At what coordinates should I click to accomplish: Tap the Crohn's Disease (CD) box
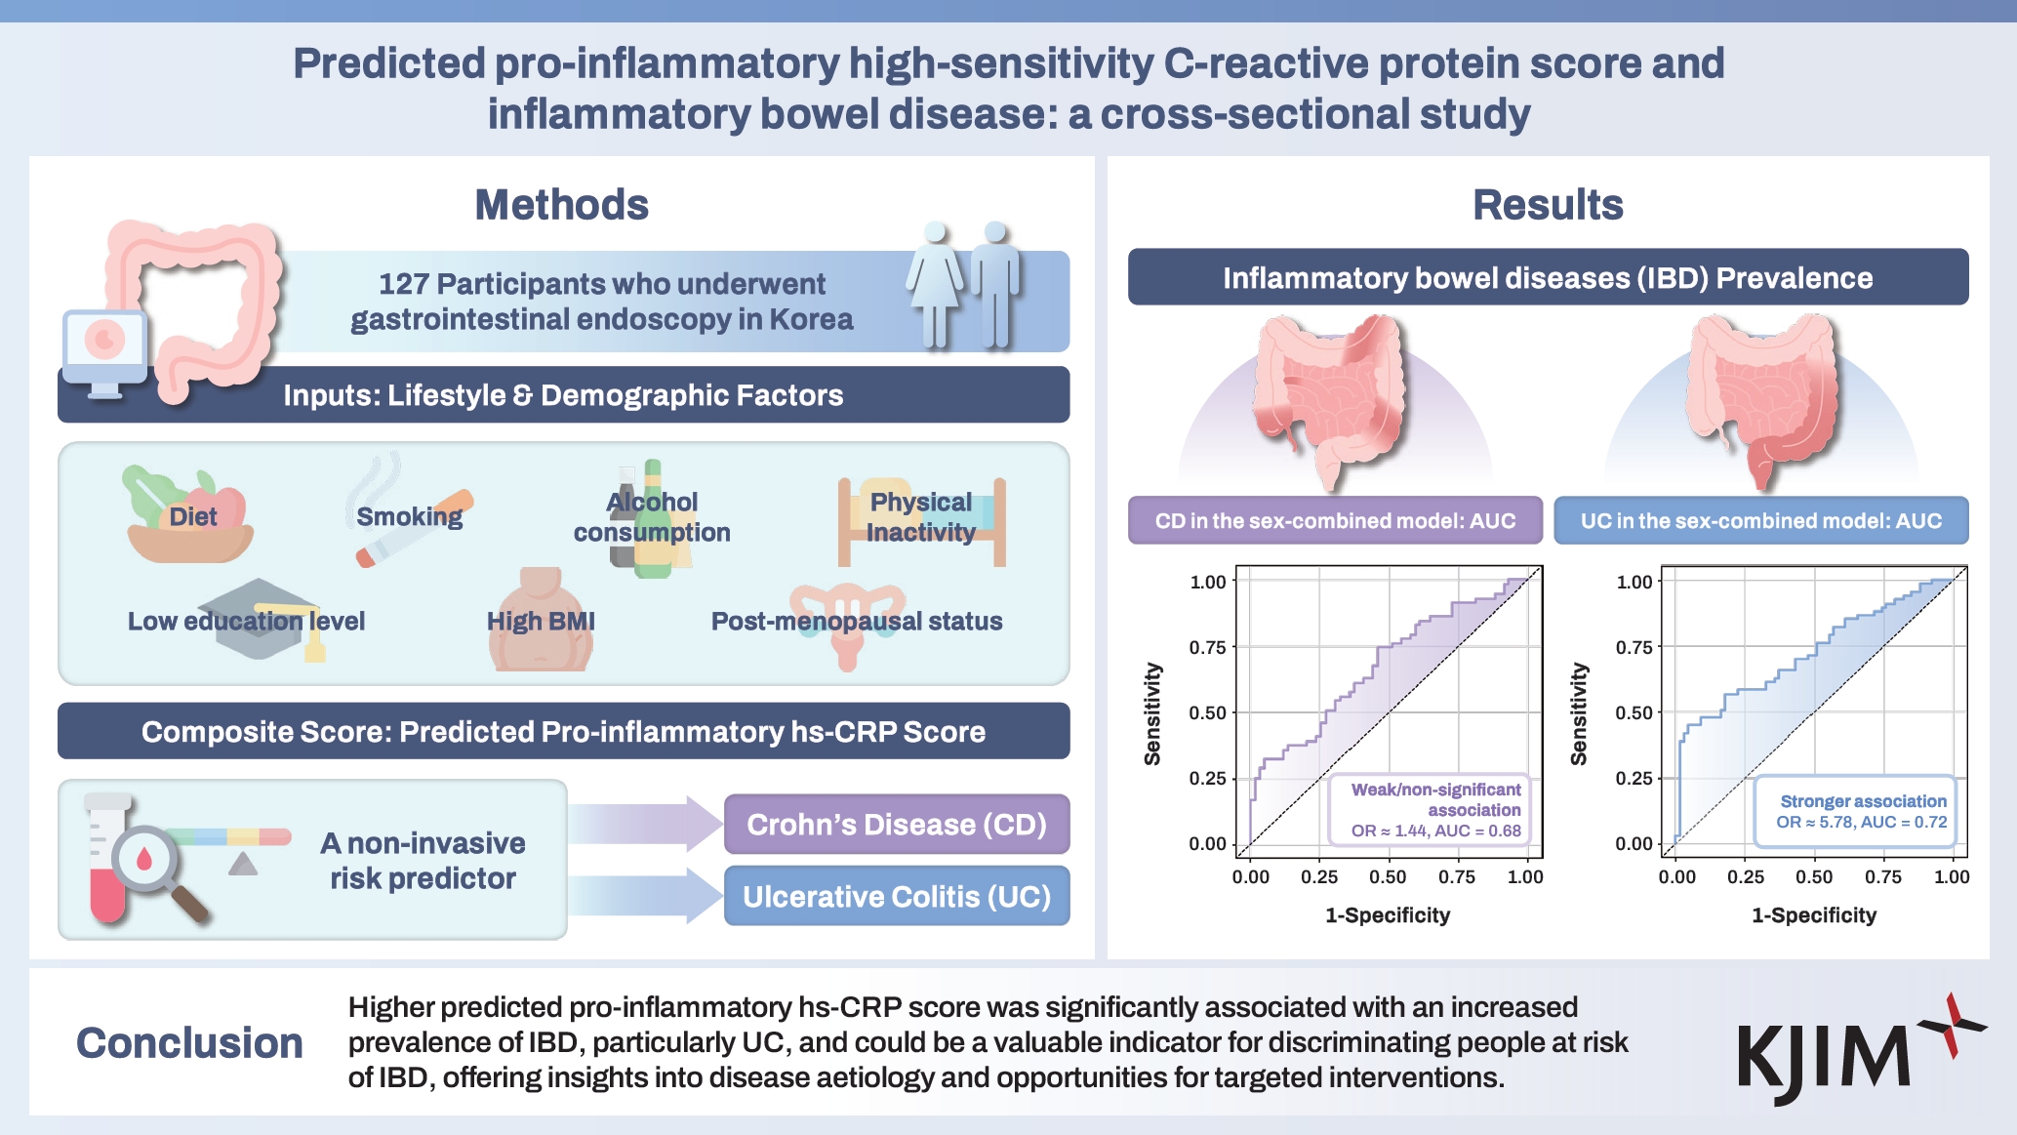pyautogui.click(x=896, y=825)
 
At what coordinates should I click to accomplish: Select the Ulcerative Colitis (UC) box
pyautogui.click(x=896, y=896)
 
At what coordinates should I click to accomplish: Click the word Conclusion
pyautogui.click(x=189, y=1042)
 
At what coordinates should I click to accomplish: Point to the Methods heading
pyautogui.click(x=561, y=205)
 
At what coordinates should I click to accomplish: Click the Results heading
pyautogui.click(x=1547, y=205)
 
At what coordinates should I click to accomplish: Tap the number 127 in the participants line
pyautogui.click(x=403, y=284)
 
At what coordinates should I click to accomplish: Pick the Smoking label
pyautogui.click(x=409, y=516)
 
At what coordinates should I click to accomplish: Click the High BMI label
pyautogui.click(x=541, y=621)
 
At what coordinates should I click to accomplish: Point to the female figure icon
pyautogui.click(x=935, y=283)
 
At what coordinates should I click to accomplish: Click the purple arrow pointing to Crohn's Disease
pyautogui.click(x=644, y=824)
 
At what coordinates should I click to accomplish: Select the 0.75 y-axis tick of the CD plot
pyautogui.click(x=1207, y=647)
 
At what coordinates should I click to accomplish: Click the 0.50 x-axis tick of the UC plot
pyautogui.click(x=1814, y=876)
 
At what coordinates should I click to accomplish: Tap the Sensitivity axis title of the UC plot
pyautogui.click(x=1578, y=713)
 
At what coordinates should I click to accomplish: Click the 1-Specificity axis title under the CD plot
pyautogui.click(x=1387, y=915)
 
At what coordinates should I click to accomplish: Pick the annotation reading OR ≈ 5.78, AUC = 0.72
pyautogui.click(x=1861, y=823)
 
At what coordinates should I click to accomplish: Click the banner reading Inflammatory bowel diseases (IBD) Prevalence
pyautogui.click(x=1548, y=278)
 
